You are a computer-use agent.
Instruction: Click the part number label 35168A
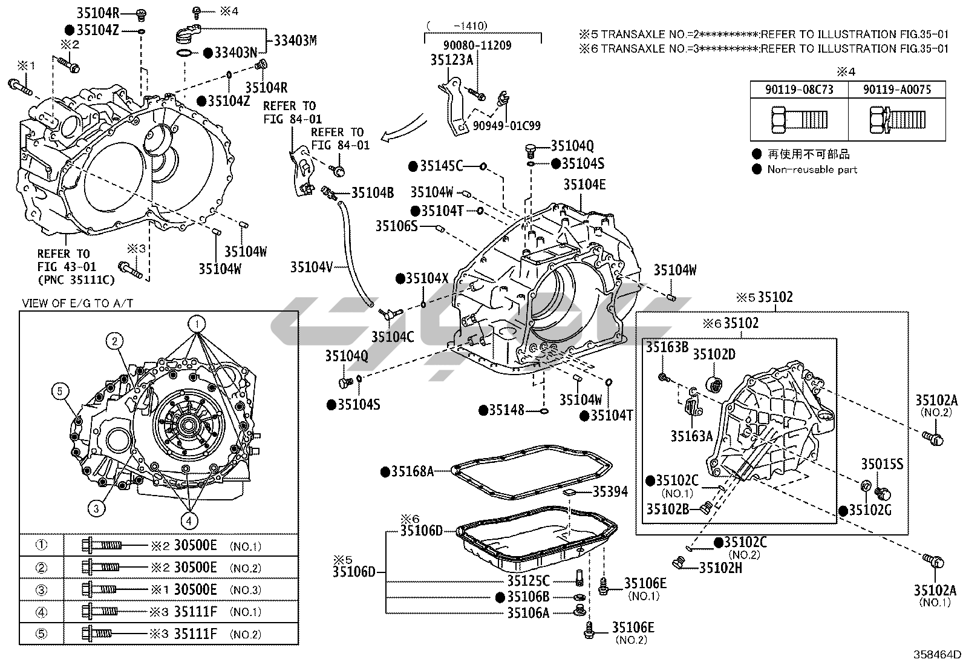[x=413, y=472]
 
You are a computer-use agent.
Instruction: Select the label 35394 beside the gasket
[x=610, y=492]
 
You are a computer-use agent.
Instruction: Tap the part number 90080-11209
[x=477, y=45]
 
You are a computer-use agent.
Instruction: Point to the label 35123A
[x=451, y=61]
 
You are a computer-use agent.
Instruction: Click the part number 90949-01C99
[x=506, y=126]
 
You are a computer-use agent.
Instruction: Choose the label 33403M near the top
[x=295, y=41]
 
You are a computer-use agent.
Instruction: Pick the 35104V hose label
[x=312, y=267]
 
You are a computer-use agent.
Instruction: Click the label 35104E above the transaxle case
[x=585, y=185]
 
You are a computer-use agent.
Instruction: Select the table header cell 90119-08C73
[x=799, y=90]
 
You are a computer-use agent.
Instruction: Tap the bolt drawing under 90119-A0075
[x=897, y=119]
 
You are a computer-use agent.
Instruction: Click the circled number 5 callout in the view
[x=60, y=391]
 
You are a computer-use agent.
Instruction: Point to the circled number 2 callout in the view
[x=114, y=341]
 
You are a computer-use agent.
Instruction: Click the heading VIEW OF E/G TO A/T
[x=77, y=303]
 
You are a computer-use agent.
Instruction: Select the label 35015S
[x=882, y=464]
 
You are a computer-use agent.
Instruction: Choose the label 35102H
[x=720, y=568]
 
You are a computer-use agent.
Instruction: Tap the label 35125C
[x=528, y=581]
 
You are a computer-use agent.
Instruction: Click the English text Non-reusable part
[x=812, y=169]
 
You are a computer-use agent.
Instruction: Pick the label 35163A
[x=692, y=436]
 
